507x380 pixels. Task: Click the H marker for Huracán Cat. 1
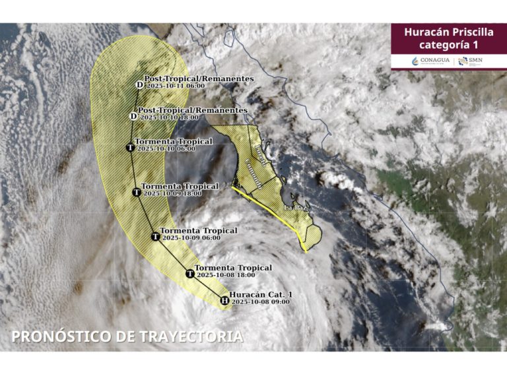(x=224, y=300)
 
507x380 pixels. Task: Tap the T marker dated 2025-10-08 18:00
(x=190, y=273)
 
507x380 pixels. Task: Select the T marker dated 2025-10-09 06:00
(x=155, y=236)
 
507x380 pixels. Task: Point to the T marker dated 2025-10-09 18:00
(x=136, y=193)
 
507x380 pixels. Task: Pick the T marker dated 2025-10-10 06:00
(x=130, y=148)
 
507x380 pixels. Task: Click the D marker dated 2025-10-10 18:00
(x=133, y=116)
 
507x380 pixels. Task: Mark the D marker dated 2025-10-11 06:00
(x=139, y=84)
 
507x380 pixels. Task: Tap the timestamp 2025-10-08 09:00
(x=260, y=302)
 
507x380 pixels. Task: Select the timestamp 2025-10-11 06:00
(x=175, y=86)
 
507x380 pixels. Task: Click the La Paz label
(x=293, y=208)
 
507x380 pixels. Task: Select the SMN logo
(x=471, y=61)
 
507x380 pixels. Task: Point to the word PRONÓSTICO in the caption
(x=61, y=336)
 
